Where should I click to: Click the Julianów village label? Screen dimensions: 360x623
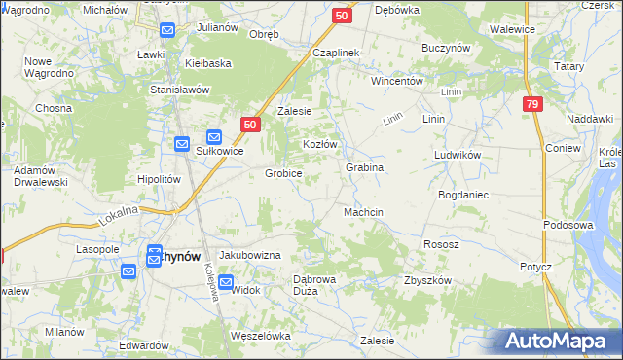click(x=217, y=27)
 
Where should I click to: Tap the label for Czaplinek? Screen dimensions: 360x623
click(x=336, y=53)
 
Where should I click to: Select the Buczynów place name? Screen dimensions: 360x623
click(x=446, y=47)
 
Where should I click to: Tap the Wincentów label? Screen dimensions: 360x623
click(x=396, y=81)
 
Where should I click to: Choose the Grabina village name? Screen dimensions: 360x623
click(x=364, y=167)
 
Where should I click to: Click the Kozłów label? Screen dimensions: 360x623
click(x=319, y=144)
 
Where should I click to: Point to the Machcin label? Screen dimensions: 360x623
click(x=363, y=212)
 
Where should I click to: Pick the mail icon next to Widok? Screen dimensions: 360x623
click(x=226, y=283)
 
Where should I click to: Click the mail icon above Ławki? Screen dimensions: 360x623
click(x=166, y=31)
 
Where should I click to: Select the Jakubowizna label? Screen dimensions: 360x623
click(x=249, y=255)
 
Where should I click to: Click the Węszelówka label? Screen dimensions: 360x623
click(x=261, y=336)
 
